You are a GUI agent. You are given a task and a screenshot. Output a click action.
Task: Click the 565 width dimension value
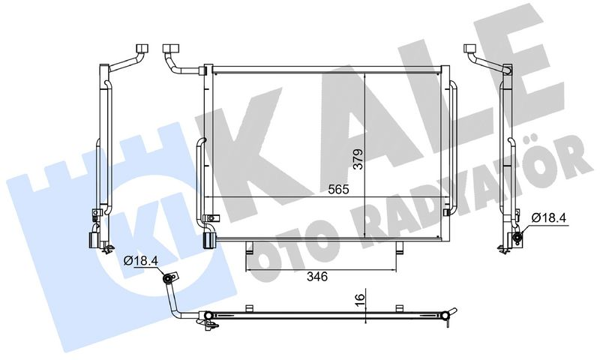click(x=339, y=189)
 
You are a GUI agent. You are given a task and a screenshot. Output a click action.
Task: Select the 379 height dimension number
click(x=359, y=159)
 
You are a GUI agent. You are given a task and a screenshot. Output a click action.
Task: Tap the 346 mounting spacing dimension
click(x=317, y=276)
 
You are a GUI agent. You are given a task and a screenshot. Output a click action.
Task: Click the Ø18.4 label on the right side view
click(x=548, y=218)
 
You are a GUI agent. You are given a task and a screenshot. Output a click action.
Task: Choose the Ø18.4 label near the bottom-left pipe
click(x=141, y=261)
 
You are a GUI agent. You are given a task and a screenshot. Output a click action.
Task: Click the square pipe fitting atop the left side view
click(x=143, y=49)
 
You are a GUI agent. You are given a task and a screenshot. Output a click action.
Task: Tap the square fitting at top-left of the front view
click(x=169, y=49)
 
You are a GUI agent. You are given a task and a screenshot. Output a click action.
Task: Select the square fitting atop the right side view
click(x=470, y=49)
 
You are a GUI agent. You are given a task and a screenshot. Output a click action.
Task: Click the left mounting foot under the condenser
click(x=250, y=247)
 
